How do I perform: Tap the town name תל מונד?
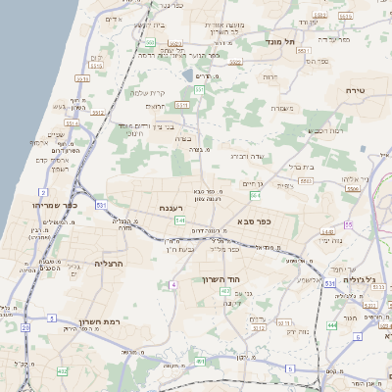279,42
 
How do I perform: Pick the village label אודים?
114,20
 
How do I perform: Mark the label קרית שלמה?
146,93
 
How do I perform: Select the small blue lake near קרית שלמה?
187,75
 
